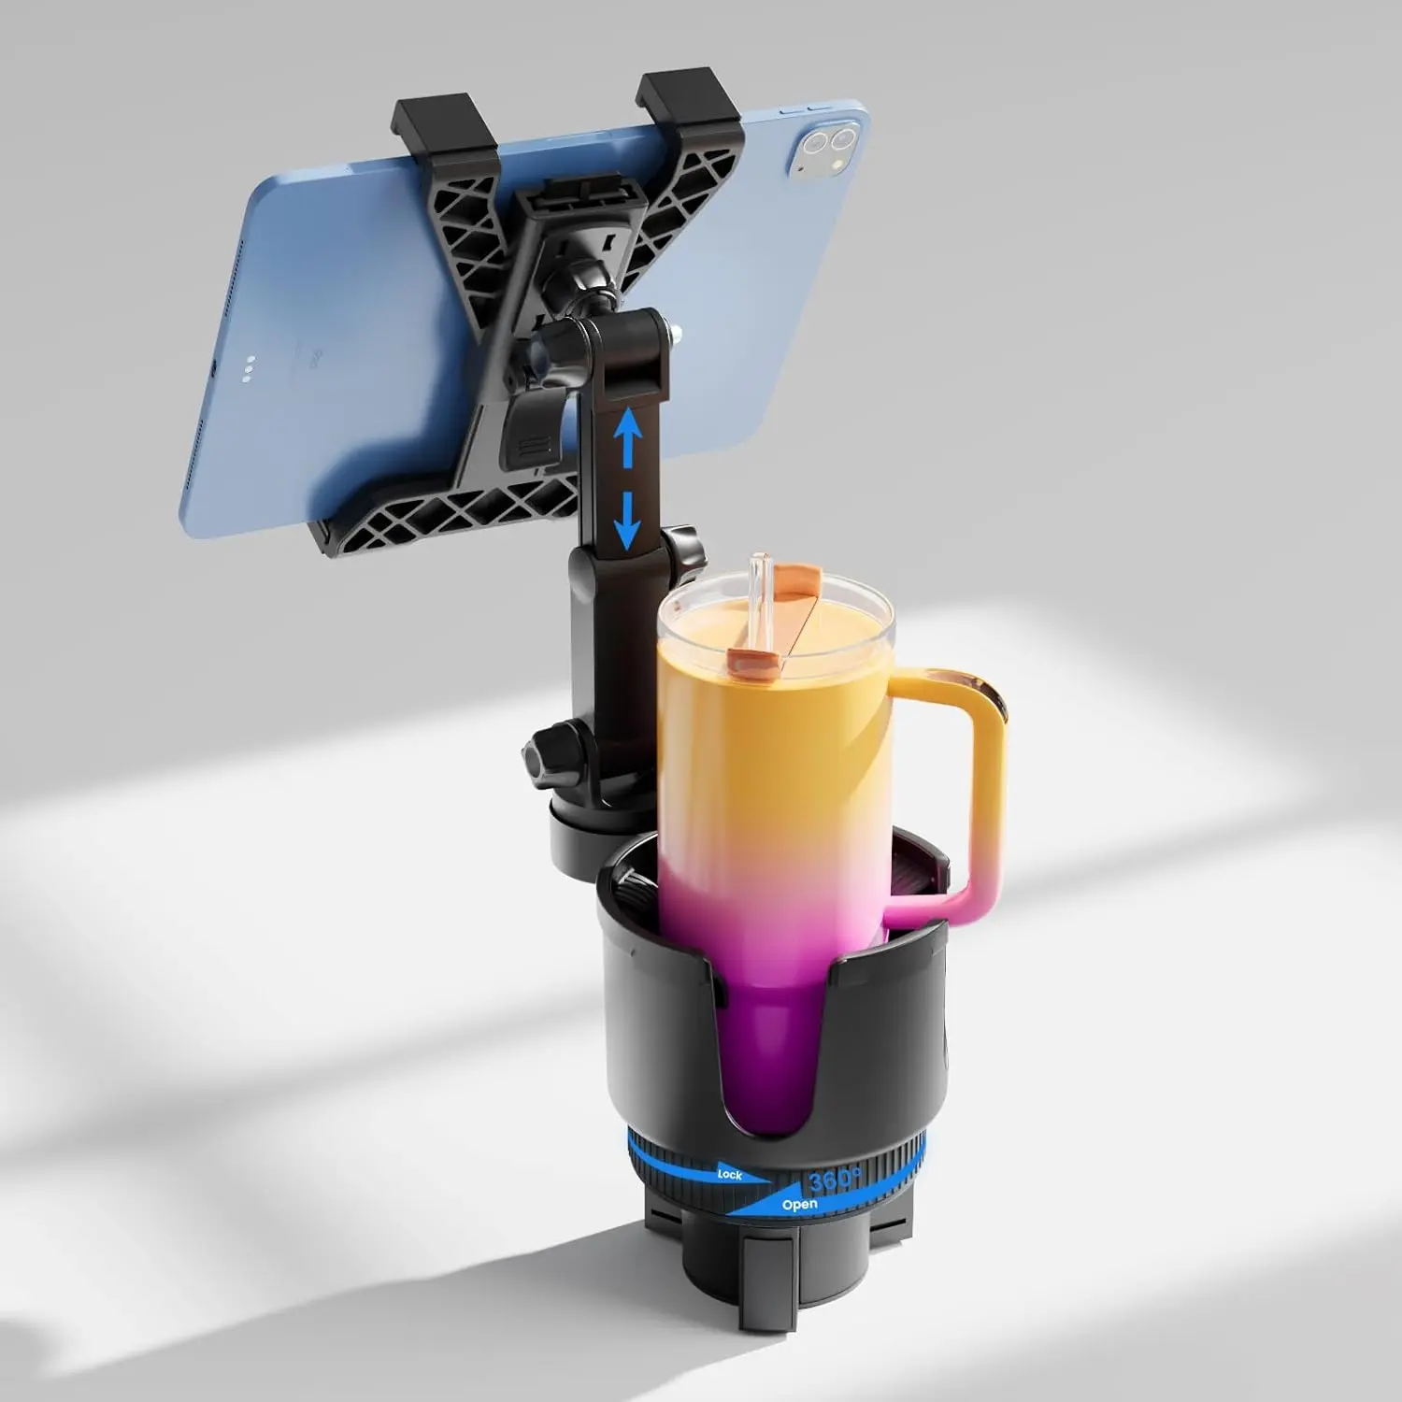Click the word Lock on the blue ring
[729, 1174]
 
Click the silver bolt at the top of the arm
[674, 329]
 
